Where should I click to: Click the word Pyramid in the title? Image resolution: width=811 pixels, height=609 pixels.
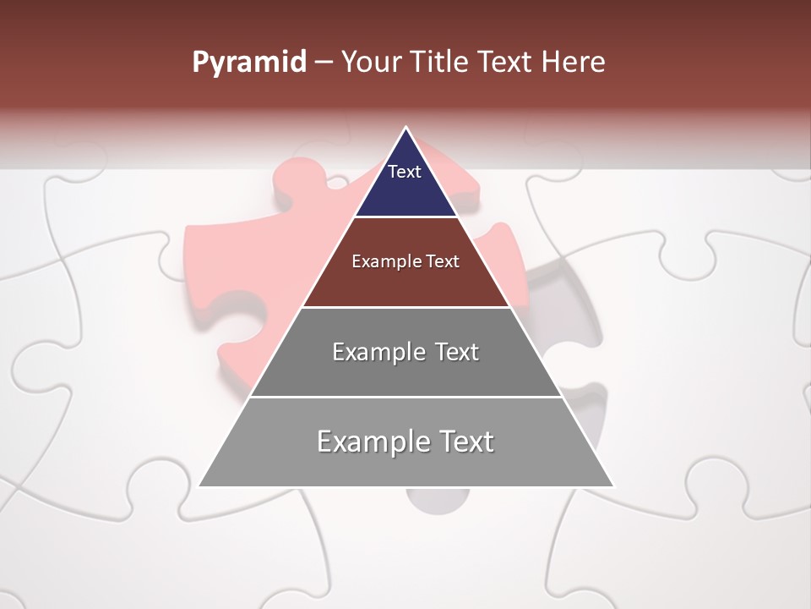pos(248,63)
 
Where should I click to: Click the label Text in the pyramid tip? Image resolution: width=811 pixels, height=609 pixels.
pos(405,172)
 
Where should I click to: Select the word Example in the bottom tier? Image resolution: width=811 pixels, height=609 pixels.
pos(373,442)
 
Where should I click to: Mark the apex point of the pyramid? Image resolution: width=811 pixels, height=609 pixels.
pos(406,128)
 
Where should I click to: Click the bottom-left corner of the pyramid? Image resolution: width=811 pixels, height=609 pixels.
pos(199,486)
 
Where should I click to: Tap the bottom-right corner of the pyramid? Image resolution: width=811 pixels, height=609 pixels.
pos(613,486)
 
